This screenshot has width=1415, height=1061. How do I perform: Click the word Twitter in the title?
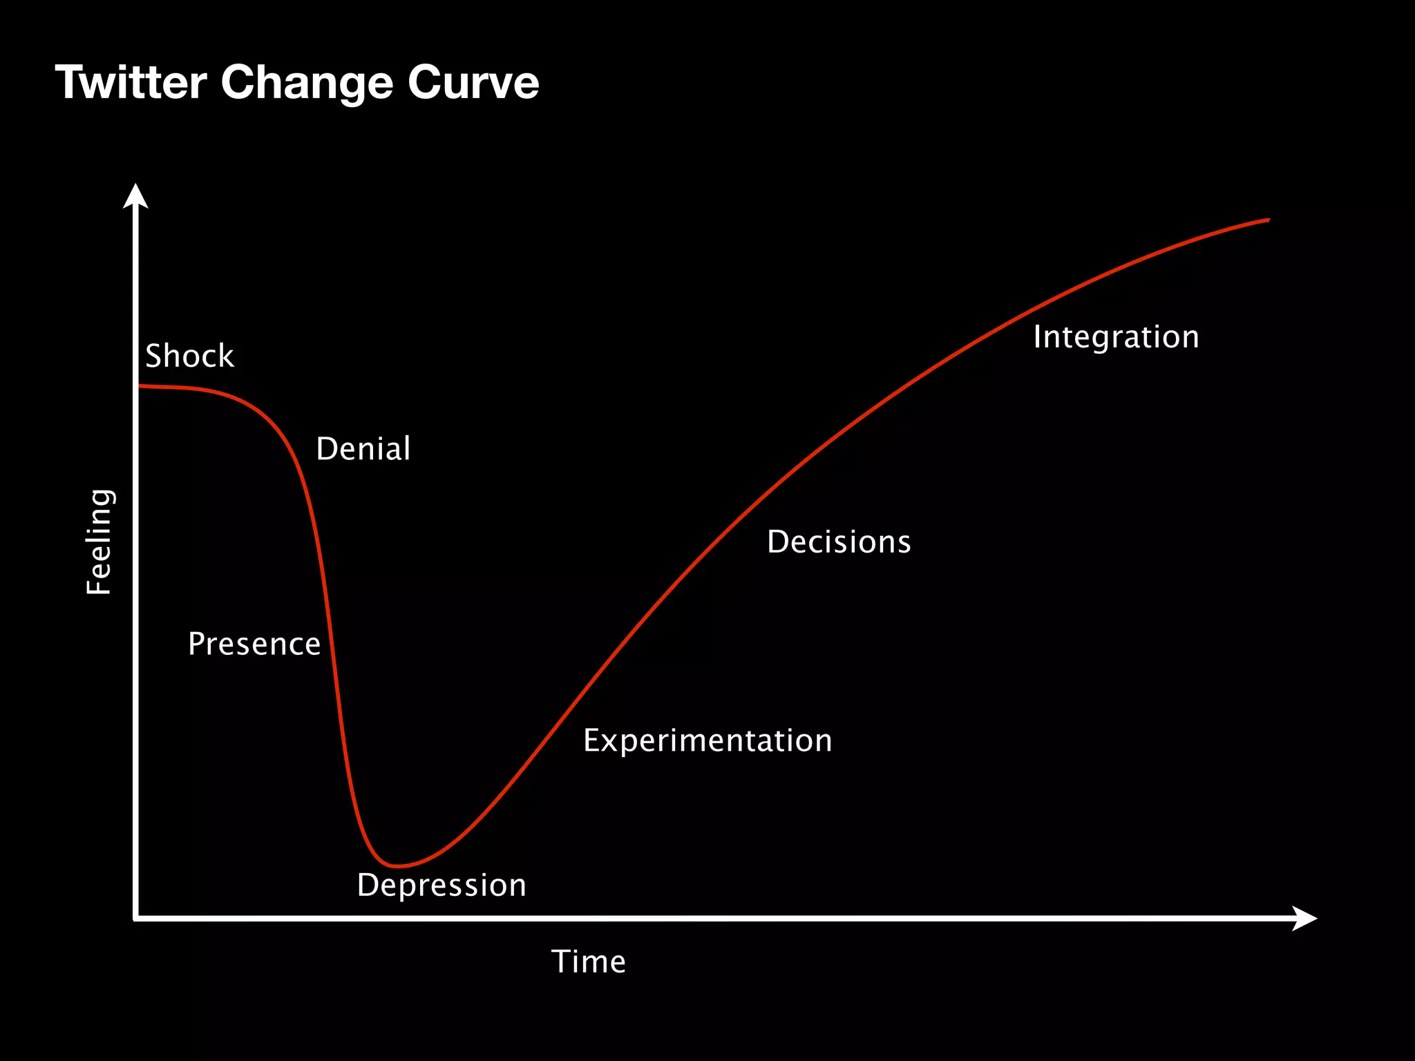[x=131, y=83]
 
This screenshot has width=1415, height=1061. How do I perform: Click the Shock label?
[x=189, y=356]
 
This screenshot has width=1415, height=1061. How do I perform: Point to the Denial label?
[x=363, y=449]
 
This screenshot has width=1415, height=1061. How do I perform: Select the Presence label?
[x=254, y=644]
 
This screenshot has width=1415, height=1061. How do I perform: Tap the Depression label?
[x=441, y=886]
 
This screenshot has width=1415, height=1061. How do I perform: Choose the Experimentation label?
[x=707, y=741]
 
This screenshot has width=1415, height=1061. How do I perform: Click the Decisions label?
[x=839, y=542]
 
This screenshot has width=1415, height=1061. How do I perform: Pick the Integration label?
[x=1116, y=337]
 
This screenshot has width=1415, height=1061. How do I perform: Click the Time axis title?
[x=589, y=962]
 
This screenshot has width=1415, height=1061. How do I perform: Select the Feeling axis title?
[x=99, y=542]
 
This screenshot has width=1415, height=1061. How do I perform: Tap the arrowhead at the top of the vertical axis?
[x=135, y=195]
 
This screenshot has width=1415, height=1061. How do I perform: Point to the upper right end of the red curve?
[x=1268, y=220]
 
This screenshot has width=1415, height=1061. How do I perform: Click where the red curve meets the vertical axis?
[x=139, y=386]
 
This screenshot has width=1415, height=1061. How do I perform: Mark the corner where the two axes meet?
[x=136, y=918]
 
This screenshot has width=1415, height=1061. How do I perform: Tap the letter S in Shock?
[x=153, y=356]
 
